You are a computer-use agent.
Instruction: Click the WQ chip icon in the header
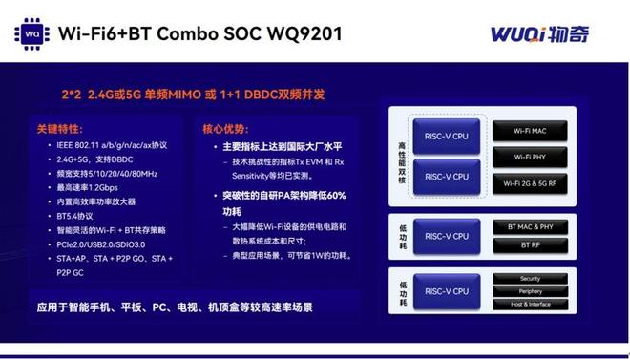point(32,34)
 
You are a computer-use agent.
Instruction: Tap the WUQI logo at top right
point(540,35)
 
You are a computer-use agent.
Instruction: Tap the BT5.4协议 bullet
point(76,216)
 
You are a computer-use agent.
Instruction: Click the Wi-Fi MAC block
point(529,129)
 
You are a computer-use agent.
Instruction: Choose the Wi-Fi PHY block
point(529,156)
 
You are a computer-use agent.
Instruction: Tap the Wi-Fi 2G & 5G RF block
point(529,181)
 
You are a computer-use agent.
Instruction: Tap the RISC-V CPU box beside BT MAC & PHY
point(446,236)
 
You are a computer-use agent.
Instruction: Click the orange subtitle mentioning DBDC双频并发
point(194,95)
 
